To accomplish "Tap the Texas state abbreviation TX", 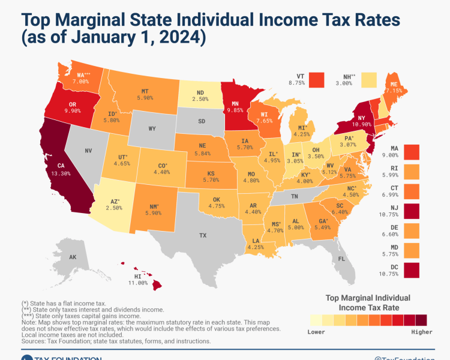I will coord(203,235).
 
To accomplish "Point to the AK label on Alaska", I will coord(72,257).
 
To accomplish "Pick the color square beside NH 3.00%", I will coord(368,80).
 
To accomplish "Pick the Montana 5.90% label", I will coord(145,97).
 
